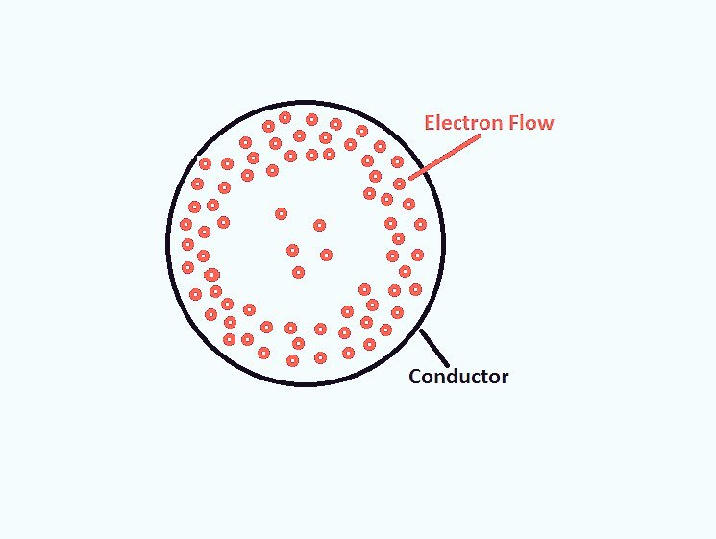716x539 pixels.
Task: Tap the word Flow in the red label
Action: tap(531, 123)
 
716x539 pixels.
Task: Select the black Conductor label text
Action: tap(458, 377)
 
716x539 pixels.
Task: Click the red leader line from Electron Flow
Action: tap(444, 157)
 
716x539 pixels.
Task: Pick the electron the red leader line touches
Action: tap(399, 184)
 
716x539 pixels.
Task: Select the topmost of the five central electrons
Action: tap(281, 213)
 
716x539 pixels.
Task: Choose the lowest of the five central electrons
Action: tap(298, 272)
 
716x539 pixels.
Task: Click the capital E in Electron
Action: tap(431, 123)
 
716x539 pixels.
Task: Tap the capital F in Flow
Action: tap(515, 123)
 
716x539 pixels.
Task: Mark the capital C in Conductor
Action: tap(415, 377)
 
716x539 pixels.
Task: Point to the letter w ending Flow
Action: tap(547, 124)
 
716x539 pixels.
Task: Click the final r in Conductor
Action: tap(505, 378)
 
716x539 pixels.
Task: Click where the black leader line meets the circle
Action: tap(421, 331)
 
